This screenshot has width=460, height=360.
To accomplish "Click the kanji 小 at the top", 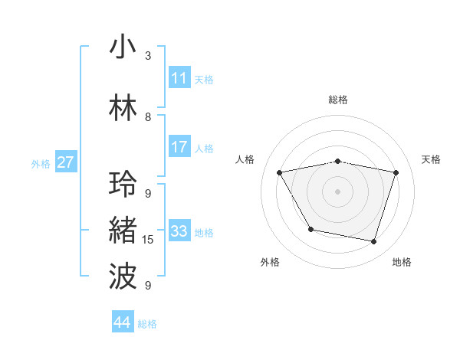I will click(x=123, y=47).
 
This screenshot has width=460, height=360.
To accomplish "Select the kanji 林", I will click(x=123, y=107).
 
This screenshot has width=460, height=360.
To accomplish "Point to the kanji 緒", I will click(x=123, y=231).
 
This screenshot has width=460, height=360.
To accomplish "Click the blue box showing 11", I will click(x=179, y=78).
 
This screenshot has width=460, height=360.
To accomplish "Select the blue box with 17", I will click(x=179, y=147).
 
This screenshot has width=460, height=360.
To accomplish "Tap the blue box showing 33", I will click(x=179, y=231).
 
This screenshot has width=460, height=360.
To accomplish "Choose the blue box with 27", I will click(x=66, y=162).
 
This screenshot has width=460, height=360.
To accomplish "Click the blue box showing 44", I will click(x=123, y=322).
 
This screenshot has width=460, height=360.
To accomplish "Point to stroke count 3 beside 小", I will click(x=148, y=56).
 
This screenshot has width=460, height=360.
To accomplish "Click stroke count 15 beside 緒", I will click(x=148, y=240).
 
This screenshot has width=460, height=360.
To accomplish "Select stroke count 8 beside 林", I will click(x=148, y=117).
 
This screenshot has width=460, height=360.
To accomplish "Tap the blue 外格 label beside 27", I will click(x=41, y=163).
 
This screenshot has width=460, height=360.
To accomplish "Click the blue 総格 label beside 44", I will click(x=147, y=324).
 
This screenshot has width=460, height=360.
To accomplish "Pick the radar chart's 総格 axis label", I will click(x=337, y=100).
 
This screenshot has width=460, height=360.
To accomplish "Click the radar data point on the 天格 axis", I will click(x=396, y=172).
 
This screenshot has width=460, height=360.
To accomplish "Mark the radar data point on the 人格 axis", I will click(x=280, y=172).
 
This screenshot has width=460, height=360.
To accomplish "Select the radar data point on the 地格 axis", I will click(x=373, y=241).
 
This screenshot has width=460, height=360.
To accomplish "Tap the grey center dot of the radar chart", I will click(x=337, y=191).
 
